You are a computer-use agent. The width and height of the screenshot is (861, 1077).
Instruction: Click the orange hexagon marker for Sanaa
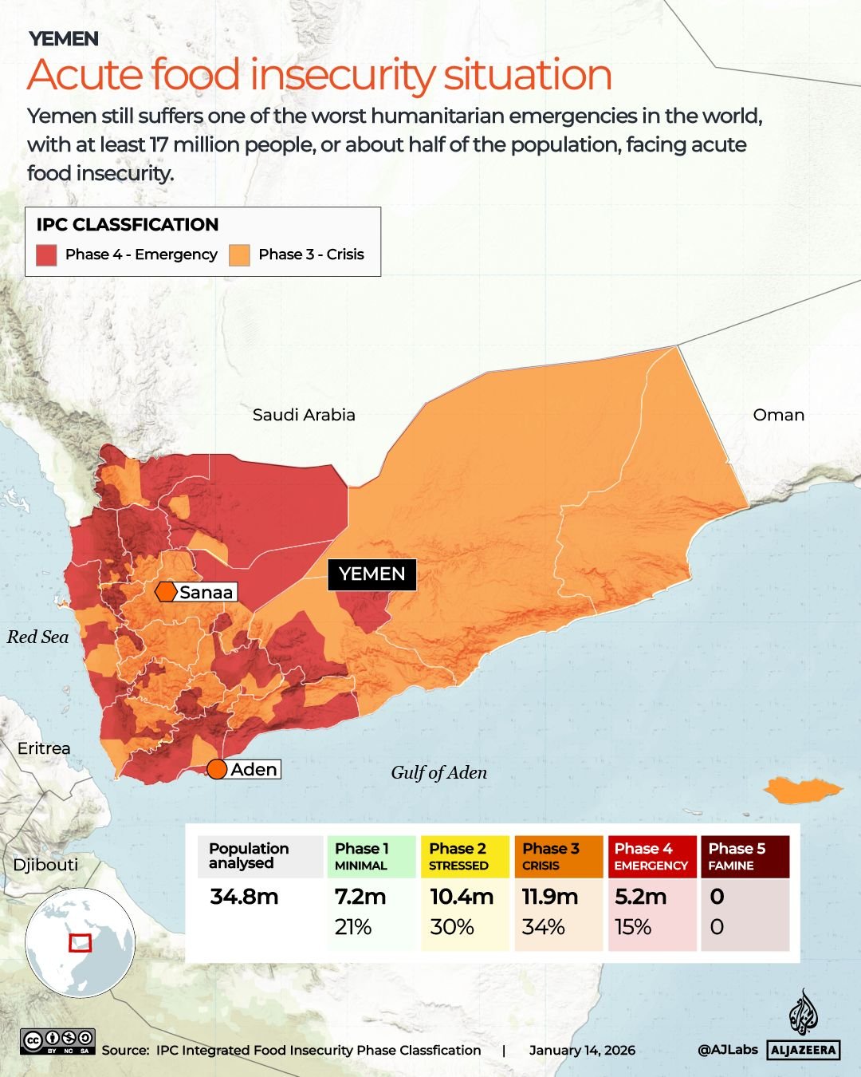click(x=166, y=592)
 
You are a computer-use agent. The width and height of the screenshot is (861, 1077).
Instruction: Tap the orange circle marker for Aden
click(x=217, y=769)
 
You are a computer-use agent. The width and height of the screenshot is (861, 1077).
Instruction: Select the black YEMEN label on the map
click(x=372, y=574)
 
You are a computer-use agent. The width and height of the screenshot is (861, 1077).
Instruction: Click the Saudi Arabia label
click(x=304, y=415)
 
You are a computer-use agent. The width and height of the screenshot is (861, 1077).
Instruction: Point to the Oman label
click(x=778, y=415)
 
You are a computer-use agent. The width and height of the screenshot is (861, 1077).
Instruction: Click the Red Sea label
click(x=37, y=637)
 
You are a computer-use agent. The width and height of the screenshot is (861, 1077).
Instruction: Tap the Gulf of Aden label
click(x=438, y=772)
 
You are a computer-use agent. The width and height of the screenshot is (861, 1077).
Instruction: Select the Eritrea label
click(x=44, y=748)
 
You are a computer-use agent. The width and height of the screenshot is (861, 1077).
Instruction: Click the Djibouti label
click(x=45, y=865)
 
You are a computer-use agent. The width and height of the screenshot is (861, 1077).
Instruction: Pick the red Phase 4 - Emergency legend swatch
click(x=47, y=254)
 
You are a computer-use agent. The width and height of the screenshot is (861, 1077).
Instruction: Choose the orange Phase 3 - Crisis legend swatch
click(x=239, y=254)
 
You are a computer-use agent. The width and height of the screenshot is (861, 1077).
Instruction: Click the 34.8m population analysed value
click(x=244, y=897)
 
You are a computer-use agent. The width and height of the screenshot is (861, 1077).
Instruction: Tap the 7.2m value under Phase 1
click(x=360, y=897)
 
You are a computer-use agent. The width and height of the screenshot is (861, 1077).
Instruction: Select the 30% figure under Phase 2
click(x=451, y=927)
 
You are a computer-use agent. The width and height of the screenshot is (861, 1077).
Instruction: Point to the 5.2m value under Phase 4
click(x=640, y=897)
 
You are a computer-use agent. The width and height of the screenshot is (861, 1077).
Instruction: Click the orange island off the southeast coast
click(x=801, y=790)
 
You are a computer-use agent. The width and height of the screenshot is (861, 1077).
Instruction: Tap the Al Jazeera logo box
click(x=804, y=1050)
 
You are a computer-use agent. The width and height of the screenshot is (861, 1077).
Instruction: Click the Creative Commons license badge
click(x=58, y=1041)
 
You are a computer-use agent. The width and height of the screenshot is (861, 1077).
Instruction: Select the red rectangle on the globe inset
click(x=81, y=943)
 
